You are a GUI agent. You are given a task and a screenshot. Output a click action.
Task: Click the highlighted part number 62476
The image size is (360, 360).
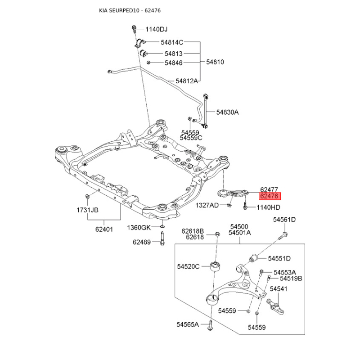270,196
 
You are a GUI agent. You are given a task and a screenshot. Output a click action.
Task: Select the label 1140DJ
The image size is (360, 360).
156,29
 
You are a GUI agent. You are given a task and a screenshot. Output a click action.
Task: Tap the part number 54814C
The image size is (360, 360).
172,42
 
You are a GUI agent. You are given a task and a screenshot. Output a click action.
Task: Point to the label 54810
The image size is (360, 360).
215,62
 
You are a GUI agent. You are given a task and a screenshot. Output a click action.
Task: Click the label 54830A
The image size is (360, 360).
228,112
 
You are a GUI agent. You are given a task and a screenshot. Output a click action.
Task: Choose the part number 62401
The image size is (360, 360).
104,229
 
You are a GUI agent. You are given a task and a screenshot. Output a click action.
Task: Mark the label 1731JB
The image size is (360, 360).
87,210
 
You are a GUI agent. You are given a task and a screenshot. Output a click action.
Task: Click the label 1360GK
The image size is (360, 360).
139,228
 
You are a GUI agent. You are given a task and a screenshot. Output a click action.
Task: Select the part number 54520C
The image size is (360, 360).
188,266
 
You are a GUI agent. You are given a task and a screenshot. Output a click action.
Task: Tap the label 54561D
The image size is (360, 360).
284,220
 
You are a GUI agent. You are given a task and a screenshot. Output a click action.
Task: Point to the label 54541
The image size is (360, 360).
279,289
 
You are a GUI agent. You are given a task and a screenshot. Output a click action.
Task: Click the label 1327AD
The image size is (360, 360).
207,205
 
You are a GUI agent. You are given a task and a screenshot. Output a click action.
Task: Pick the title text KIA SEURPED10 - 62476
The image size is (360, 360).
130,10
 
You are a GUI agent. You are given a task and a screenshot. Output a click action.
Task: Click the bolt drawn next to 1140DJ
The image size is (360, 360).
134,29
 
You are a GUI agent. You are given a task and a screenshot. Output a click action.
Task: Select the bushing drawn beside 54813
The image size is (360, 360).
144,53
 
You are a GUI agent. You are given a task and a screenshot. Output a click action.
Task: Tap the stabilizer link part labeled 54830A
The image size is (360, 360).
205,111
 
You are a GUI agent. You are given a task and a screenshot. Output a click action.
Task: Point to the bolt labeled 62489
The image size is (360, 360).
162,239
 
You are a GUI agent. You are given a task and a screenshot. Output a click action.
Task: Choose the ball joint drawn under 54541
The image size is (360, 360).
275,306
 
